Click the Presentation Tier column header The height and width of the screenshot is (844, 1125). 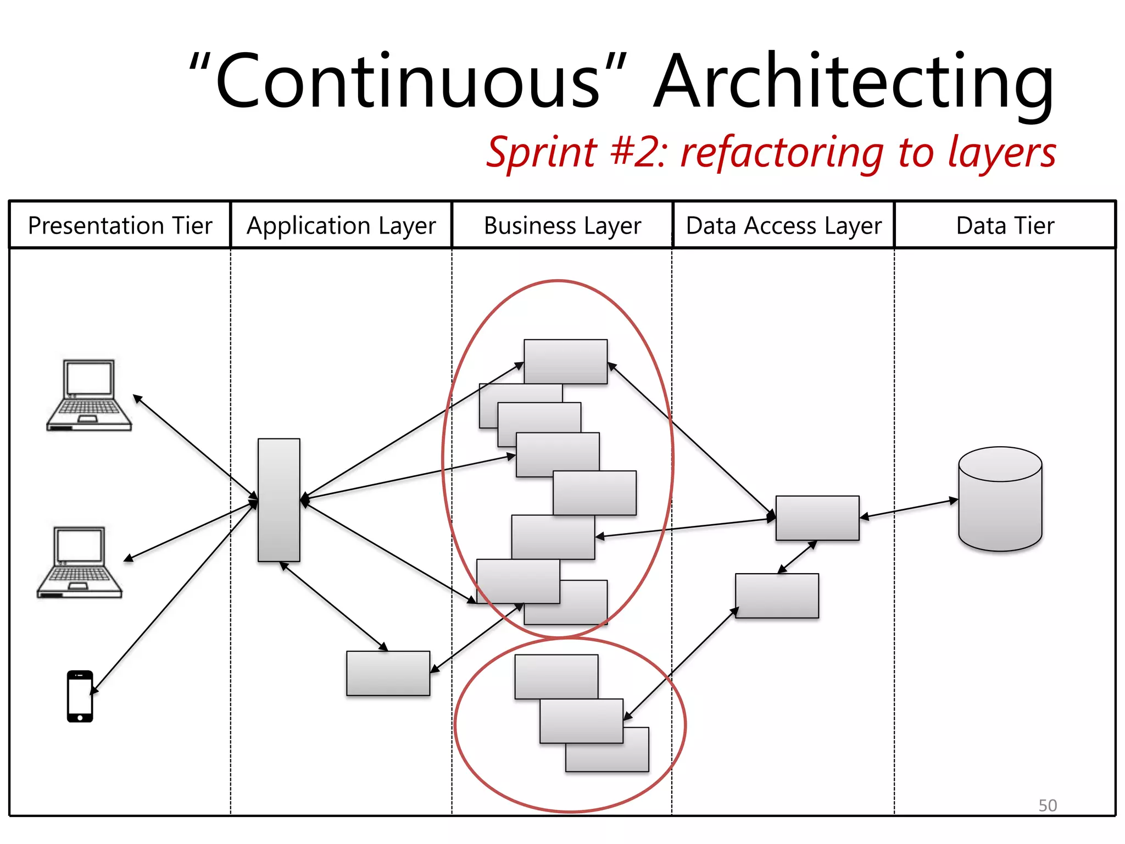click(x=120, y=226)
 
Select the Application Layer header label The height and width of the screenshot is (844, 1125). click(x=341, y=226)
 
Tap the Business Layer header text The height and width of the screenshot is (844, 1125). click(x=562, y=226)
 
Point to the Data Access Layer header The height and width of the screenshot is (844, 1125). click(x=784, y=226)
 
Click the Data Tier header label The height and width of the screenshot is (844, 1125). click(x=1005, y=226)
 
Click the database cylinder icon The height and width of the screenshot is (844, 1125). click(x=1000, y=499)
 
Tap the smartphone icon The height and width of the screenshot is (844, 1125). click(x=80, y=696)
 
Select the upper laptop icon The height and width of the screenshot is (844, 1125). click(x=89, y=396)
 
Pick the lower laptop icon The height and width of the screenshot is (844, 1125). click(x=80, y=563)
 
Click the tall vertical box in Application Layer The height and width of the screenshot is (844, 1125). click(x=279, y=500)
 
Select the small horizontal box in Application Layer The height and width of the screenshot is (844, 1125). click(x=388, y=674)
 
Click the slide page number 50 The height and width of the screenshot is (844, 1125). click(x=1047, y=805)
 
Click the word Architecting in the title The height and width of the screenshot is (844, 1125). click(x=854, y=82)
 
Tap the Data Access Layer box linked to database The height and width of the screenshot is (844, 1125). click(x=817, y=518)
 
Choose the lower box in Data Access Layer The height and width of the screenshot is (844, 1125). click(x=777, y=596)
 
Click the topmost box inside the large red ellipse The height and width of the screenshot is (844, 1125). click(x=565, y=361)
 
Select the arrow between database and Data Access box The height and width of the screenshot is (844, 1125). click(x=909, y=508)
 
